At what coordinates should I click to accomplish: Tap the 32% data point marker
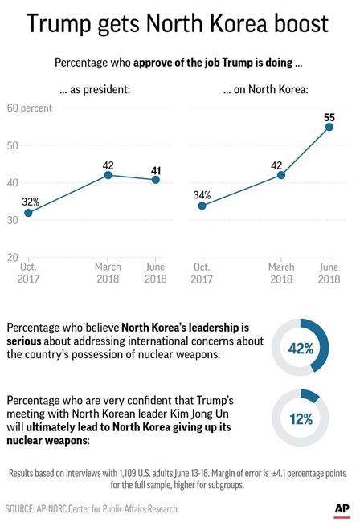(x=28, y=212)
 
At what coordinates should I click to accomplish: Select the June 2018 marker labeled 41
(x=155, y=179)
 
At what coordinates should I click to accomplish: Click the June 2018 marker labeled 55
(x=329, y=127)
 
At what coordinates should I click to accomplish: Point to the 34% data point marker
(x=201, y=206)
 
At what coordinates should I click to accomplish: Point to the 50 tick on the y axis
(x=14, y=145)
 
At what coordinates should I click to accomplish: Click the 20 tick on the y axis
(x=14, y=257)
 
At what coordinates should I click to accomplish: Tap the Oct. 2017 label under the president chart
(x=28, y=274)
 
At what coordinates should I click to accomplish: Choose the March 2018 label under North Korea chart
(x=281, y=274)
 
